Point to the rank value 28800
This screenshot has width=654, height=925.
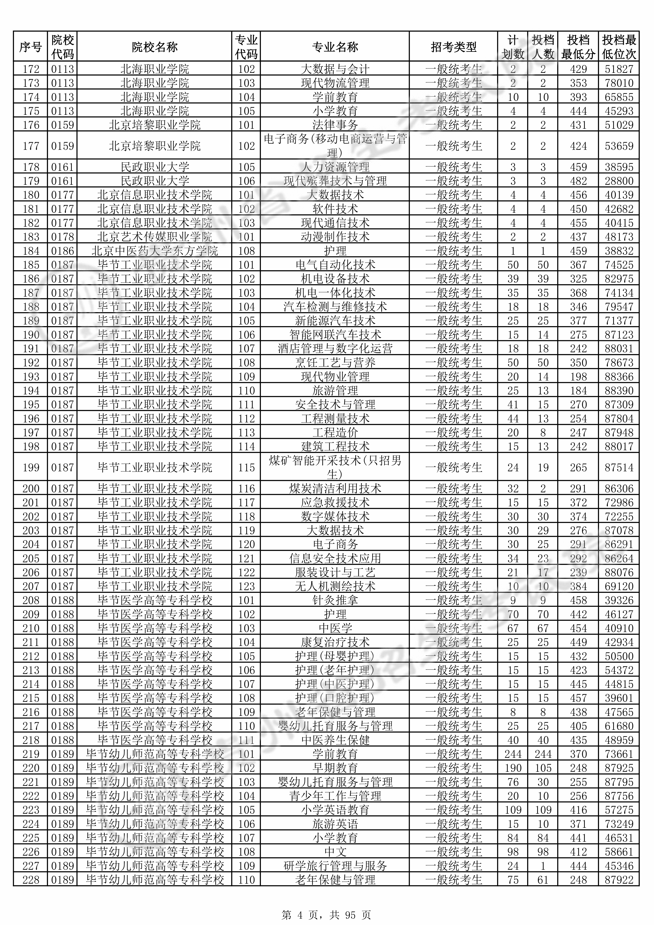click(619, 181)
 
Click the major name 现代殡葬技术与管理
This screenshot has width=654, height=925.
click(335, 181)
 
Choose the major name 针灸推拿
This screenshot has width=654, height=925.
click(335, 600)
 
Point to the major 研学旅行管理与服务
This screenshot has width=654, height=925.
click(335, 866)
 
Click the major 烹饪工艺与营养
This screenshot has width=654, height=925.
click(335, 363)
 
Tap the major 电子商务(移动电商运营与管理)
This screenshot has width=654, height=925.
click(335, 146)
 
